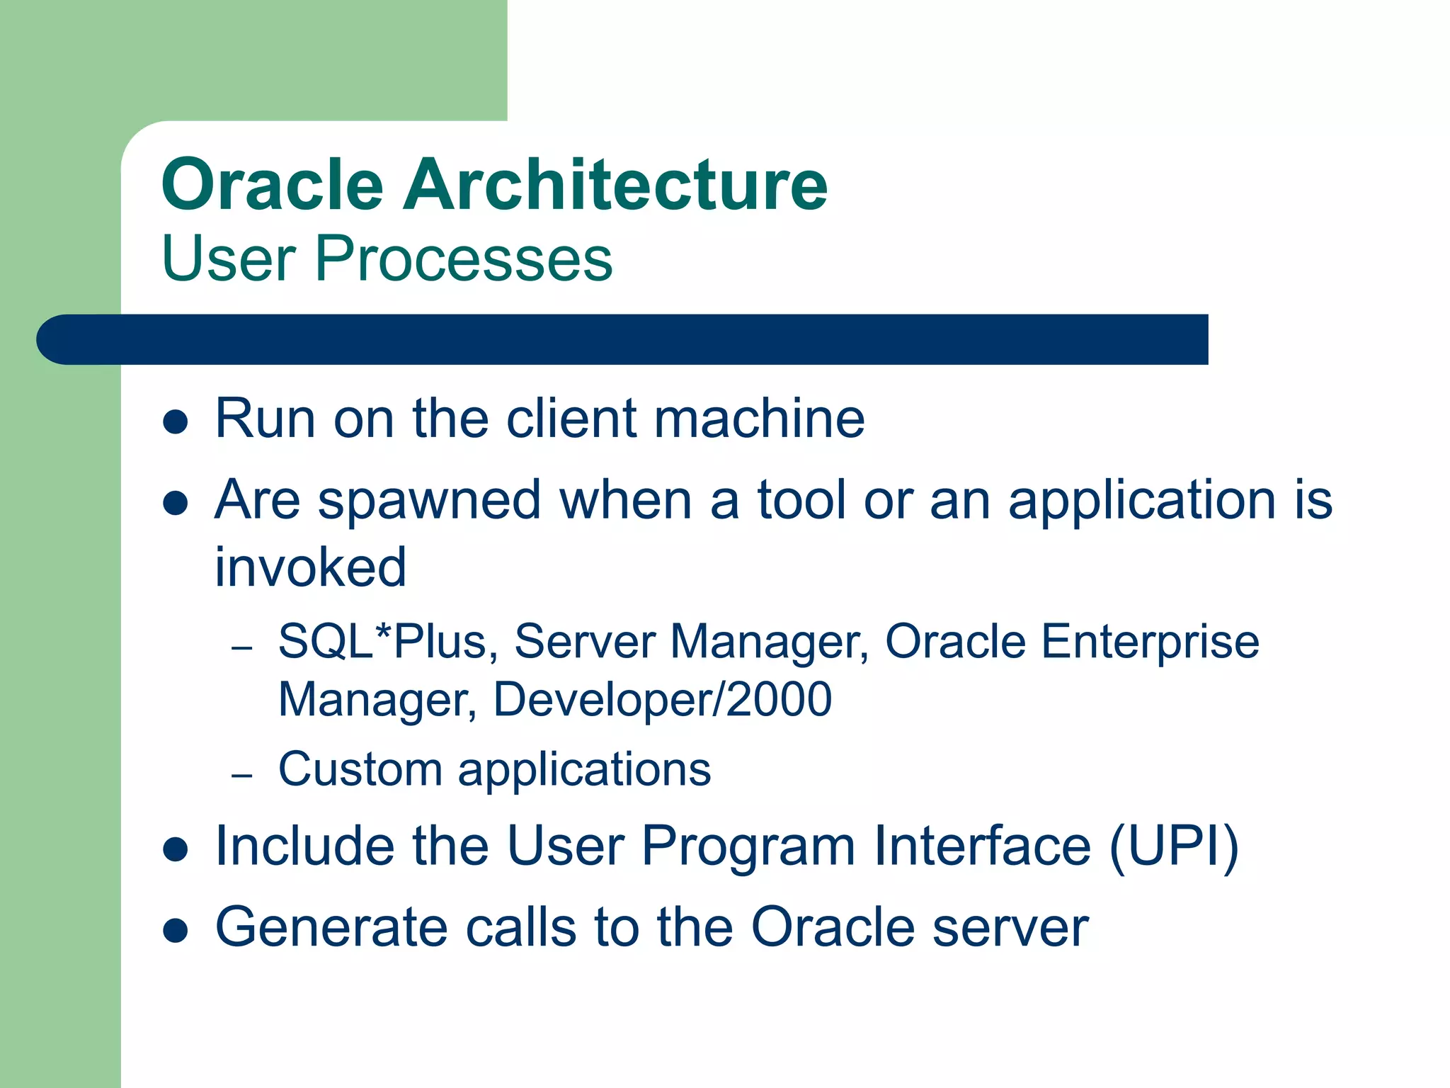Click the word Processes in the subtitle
coord(463,259)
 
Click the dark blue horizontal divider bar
coord(623,340)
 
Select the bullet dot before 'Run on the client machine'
coord(175,422)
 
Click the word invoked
coord(310,568)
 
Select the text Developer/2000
coord(662,701)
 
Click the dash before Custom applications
coord(241,776)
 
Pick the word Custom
coord(360,770)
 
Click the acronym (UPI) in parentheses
coord(1173,847)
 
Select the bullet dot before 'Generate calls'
coord(175,930)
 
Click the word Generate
coord(331,928)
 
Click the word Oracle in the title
coord(272,186)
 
